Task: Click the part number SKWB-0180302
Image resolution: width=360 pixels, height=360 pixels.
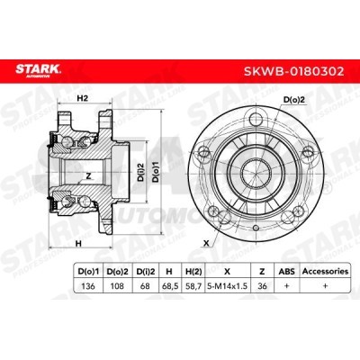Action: point(293,71)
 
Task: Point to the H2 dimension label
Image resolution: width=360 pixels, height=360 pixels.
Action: point(82,98)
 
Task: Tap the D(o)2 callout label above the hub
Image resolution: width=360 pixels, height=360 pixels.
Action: point(294,100)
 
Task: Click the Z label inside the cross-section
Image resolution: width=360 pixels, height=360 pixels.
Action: point(88,176)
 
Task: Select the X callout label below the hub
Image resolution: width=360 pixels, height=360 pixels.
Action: point(206,243)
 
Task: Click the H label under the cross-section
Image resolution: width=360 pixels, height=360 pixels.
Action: point(78,244)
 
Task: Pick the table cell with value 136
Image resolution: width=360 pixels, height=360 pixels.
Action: point(88,286)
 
